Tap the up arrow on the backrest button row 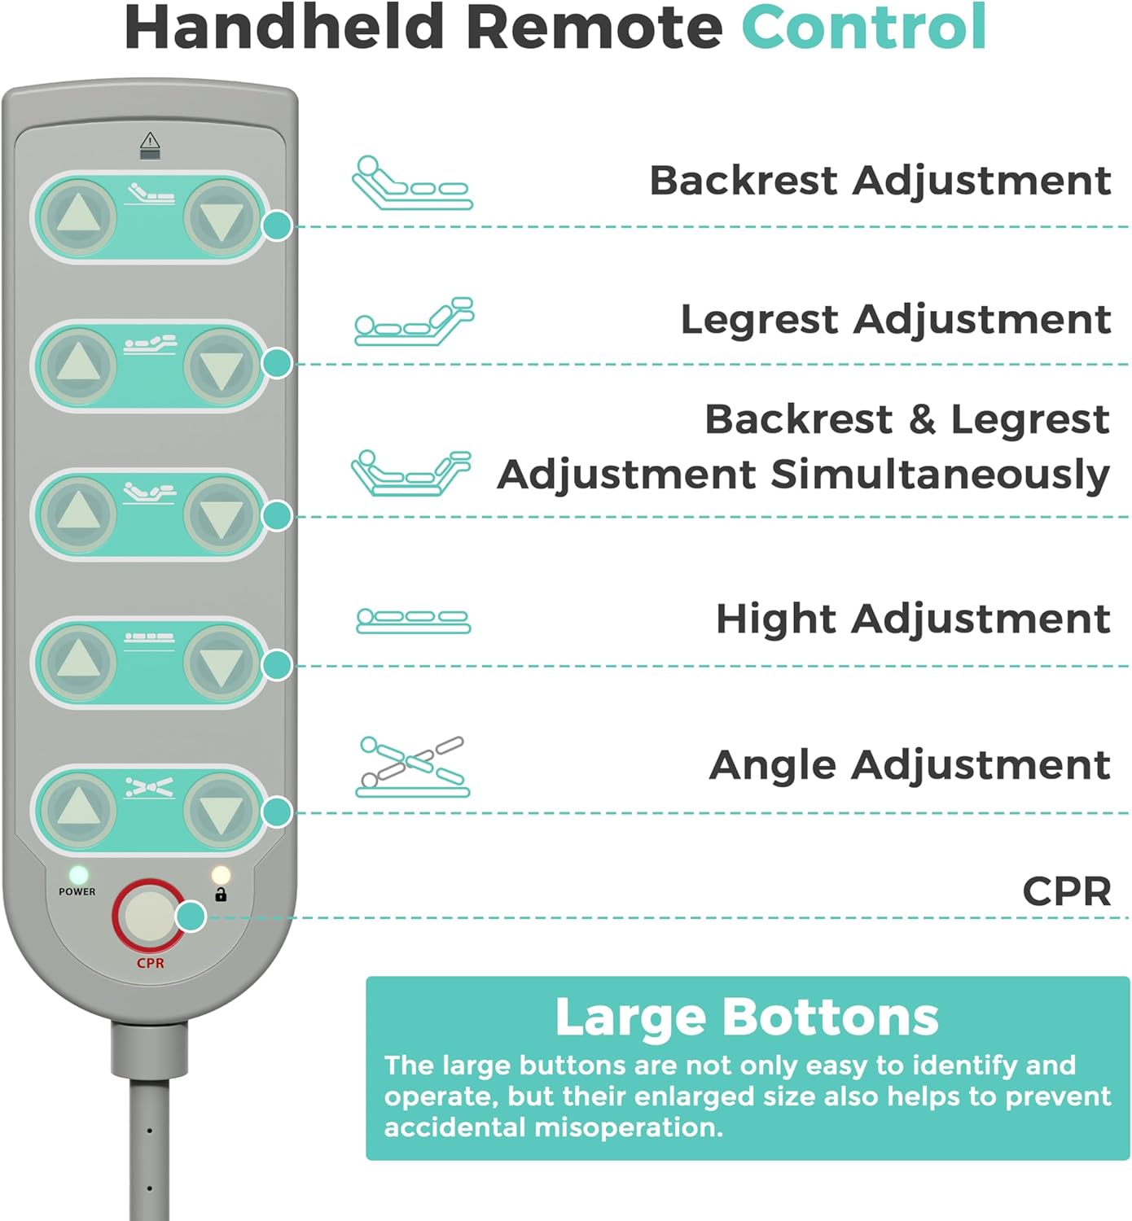[78, 217]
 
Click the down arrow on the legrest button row [221, 366]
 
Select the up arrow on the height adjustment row [78, 661]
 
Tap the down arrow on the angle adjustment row [221, 810]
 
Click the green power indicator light [78, 876]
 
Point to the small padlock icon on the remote [221, 895]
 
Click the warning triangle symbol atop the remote [150, 141]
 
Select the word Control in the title [863, 28]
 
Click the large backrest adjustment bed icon [412, 183]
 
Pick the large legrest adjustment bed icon [414, 322]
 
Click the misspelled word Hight [778, 619]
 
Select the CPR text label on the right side [1066, 891]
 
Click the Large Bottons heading [747, 1017]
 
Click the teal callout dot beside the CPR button [191, 917]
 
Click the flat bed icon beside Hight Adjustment [413, 620]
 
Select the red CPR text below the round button [151, 963]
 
